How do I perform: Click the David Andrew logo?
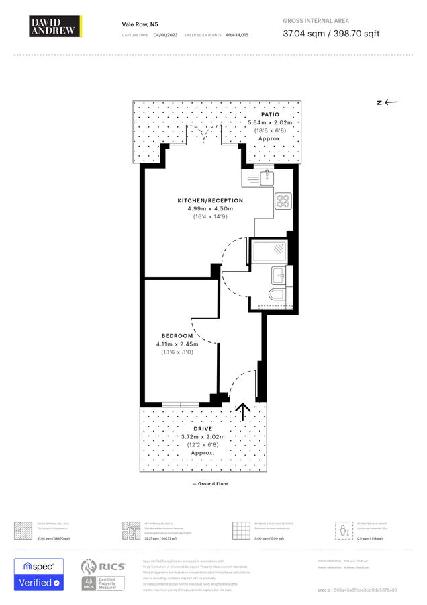coord(56,26)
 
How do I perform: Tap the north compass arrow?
coord(387,102)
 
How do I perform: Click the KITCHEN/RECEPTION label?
coord(210,200)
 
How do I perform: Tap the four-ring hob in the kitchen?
coord(283,200)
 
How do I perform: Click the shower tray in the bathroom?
coord(269,252)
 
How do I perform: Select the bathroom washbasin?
coord(279,274)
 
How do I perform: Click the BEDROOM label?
coord(177,336)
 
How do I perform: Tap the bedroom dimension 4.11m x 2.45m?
coord(177,344)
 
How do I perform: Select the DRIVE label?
coord(203,429)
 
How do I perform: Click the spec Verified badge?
coord(39,575)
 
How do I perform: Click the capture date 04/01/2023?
coord(165,34)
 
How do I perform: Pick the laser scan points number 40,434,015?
coord(237,34)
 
